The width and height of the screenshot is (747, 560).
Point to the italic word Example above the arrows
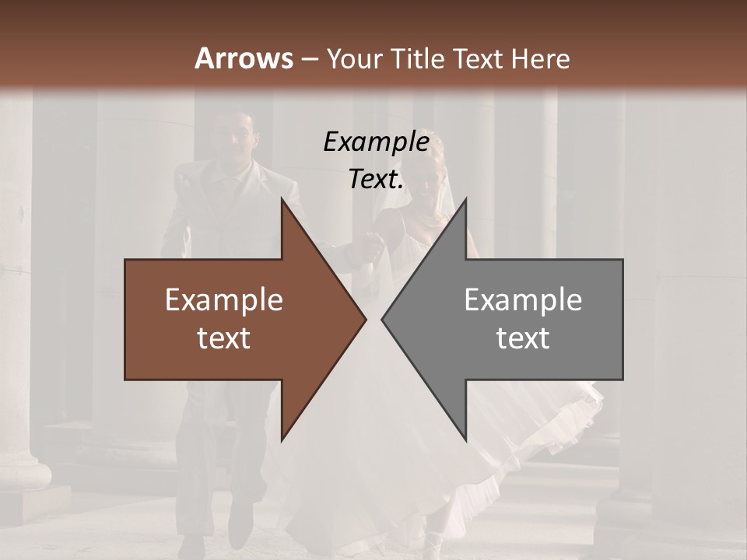click(376, 142)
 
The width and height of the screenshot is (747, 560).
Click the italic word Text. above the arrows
click(376, 180)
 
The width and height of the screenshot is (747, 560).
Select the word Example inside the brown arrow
click(224, 300)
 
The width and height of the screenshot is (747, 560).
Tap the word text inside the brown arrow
click(224, 338)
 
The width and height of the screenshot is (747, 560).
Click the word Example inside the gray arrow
click(523, 300)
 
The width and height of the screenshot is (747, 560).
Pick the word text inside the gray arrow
click(523, 338)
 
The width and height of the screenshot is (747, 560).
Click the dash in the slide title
click(310, 59)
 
